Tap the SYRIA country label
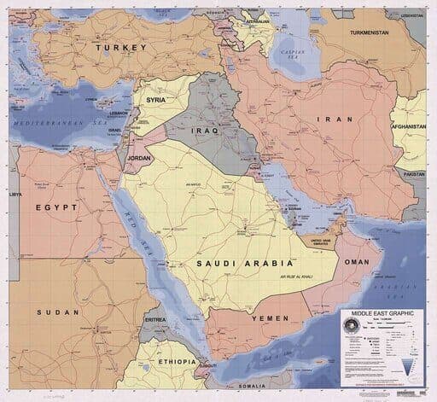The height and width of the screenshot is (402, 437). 156,99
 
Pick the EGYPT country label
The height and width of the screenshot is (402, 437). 57,207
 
